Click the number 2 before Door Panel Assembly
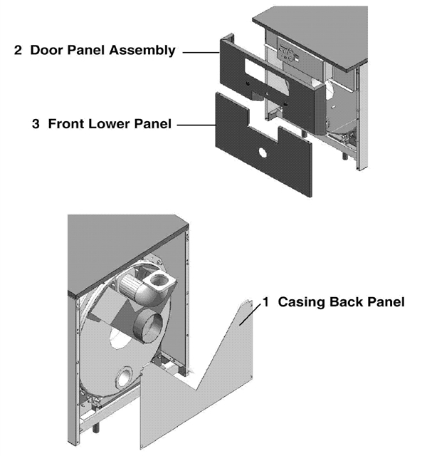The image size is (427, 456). [x=19, y=51]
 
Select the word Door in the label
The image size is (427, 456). [x=48, y=51]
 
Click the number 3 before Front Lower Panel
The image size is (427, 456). [x=36, y=123]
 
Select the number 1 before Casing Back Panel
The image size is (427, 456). [x=265, y=301]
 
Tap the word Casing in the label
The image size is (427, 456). [x=297, y=301]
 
